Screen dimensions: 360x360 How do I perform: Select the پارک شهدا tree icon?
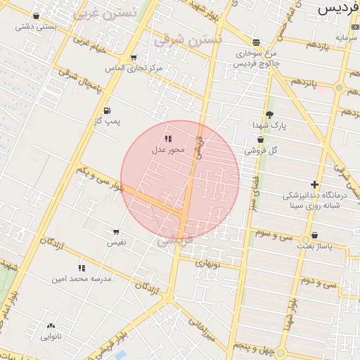269,115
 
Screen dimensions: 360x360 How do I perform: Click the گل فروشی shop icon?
260,140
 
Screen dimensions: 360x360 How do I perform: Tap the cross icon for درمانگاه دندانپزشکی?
314,184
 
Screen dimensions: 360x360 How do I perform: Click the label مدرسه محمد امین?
82,278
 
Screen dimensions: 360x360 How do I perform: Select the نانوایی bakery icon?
51,326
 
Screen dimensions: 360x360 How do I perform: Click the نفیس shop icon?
116,232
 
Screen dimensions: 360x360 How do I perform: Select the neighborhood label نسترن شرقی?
186,39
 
